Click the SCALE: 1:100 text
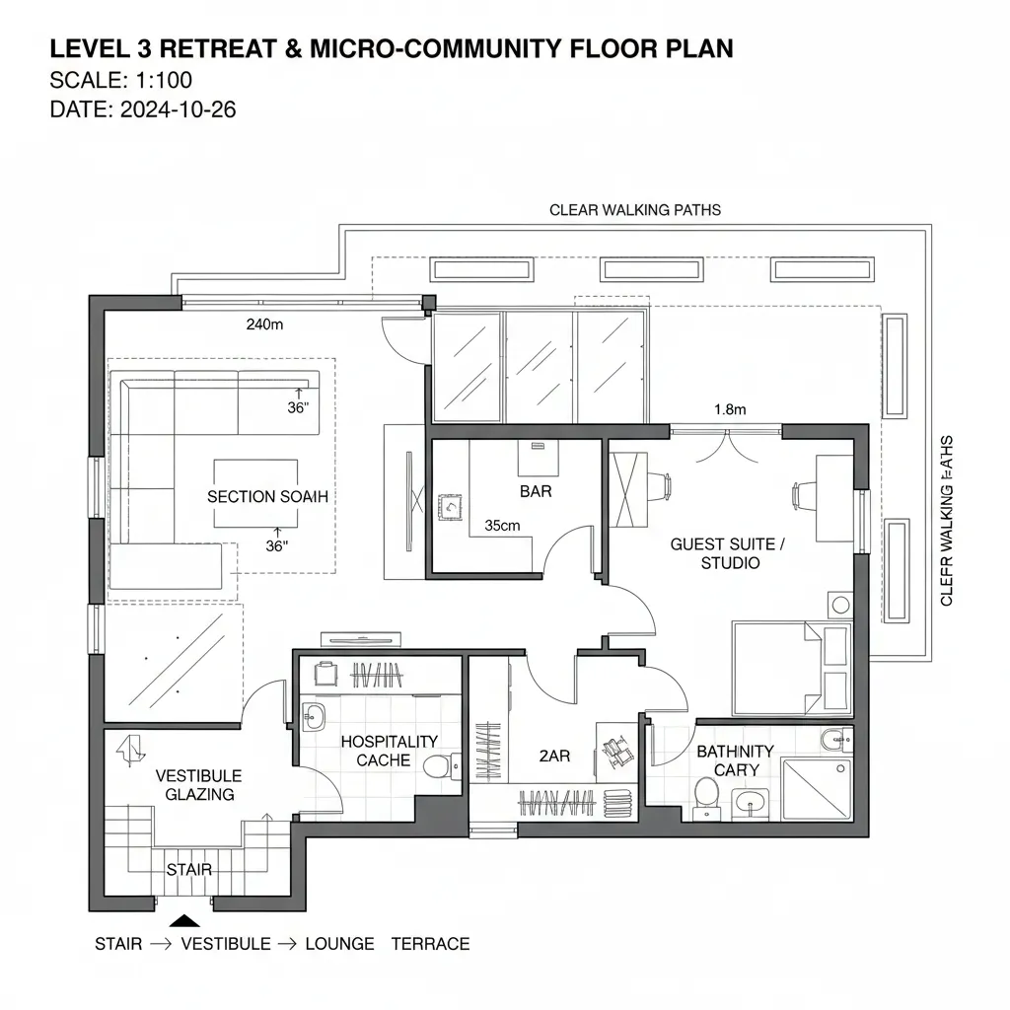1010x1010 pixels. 120,80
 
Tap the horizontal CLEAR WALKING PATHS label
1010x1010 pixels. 634,210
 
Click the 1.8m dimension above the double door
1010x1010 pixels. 729,409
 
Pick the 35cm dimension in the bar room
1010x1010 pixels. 502,526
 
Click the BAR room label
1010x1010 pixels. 535,490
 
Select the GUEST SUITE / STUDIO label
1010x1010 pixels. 730,553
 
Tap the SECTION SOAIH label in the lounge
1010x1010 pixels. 267,497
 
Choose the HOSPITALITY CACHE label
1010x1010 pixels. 389,751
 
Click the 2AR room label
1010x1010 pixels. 554,756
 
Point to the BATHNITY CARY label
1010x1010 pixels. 735,760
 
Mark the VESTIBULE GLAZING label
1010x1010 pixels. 198,785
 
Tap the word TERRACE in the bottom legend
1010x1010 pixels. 430,944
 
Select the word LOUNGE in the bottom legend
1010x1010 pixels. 339,944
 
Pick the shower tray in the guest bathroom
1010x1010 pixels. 818,789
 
